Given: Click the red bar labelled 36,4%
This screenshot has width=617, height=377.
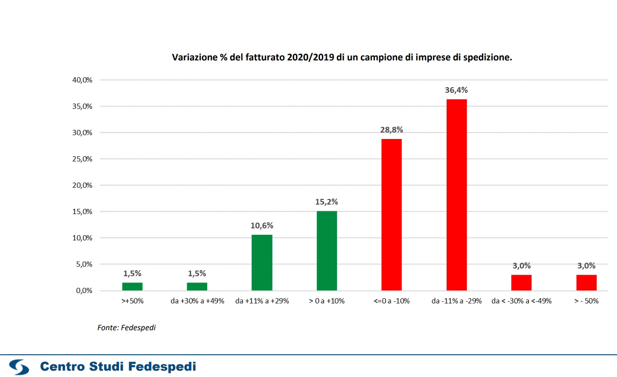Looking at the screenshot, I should click(457, 195).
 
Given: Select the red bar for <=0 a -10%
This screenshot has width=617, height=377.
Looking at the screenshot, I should click(391, 214).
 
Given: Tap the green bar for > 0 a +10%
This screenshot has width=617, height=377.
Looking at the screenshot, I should click(327, 251).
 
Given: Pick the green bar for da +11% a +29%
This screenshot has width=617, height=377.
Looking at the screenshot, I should click(262, 263).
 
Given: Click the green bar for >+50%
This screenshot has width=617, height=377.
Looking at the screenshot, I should click(132, 287).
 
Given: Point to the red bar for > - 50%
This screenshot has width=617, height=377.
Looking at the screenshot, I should click(586, 283).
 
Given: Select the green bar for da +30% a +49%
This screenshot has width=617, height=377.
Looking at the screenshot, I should click(197, 287).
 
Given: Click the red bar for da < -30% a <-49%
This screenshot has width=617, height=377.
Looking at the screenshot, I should click(521, 283).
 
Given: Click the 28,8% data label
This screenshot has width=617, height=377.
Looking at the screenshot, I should click(392, 130).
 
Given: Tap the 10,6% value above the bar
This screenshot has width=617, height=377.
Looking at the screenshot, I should click(262, 226).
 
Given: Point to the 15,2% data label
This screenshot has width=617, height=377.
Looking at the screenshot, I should click(327, 202).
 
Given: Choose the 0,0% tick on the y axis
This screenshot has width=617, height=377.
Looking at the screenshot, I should click(84, 291).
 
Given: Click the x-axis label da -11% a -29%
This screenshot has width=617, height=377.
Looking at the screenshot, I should click(457, 301).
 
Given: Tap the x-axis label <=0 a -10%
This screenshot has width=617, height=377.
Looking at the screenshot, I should click(392, 301).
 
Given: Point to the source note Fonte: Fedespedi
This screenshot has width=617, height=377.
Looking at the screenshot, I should click(126, 327).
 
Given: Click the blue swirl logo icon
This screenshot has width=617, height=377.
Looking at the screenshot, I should click(19, 367).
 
